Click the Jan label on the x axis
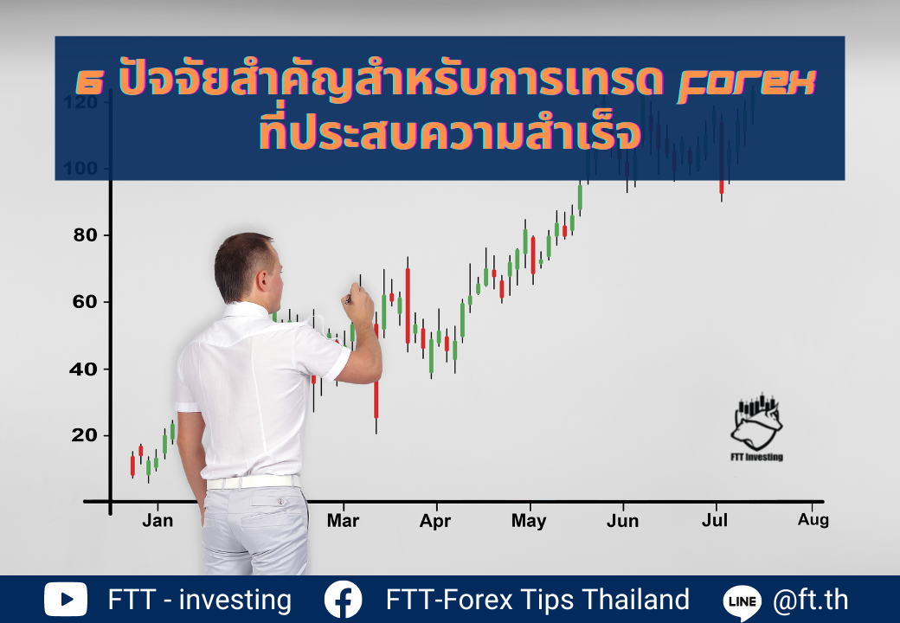[157, 520]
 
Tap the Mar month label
[343, 520]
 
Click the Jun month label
[622, 521]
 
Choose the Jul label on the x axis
[715, 520]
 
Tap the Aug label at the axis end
[813, 520]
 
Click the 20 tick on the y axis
[84, 435]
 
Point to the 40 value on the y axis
[83, 369]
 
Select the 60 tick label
[85, 302]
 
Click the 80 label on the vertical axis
[85, 234]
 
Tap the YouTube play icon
[66, 600]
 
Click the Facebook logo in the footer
[343, 600]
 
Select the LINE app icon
[742, 602]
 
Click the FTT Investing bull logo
[756, 427]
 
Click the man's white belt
[253, 482]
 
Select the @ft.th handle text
[811, 600]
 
